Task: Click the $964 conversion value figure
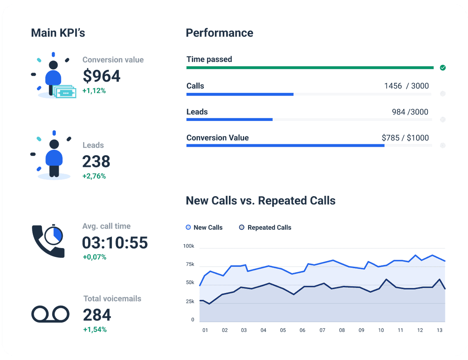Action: point(101,76)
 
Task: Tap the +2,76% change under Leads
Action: point(94,176)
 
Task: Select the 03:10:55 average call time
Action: point(115,243)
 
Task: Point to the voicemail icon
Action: point(50,314)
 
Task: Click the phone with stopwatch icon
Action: point(48,241)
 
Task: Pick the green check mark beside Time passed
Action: point(443,68)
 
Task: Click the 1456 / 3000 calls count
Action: point(406,86)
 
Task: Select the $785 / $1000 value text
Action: point(405,138)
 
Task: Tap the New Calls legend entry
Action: point(204,227)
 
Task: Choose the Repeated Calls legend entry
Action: point(265,227)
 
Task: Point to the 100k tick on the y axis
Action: point(188,246)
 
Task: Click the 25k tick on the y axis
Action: point(190,301)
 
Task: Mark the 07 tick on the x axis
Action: point(322,330)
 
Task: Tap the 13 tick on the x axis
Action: point(440,330)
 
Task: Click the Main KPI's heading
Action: point(58,33)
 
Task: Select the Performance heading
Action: point(219,33)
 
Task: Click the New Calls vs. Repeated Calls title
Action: point(261,200)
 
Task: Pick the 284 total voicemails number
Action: point(97,315)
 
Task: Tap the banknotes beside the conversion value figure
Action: point(65,92)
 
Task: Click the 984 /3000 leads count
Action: point(410,112)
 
